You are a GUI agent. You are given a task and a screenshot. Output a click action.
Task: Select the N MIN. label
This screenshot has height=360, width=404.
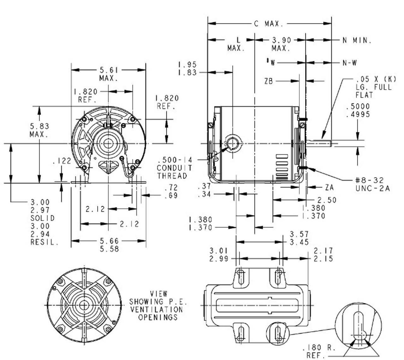pos(357,40)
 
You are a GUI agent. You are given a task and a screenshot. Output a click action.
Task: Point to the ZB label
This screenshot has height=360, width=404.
pos(269,82)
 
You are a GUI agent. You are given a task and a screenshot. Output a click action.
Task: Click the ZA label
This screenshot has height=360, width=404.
pos(329,188)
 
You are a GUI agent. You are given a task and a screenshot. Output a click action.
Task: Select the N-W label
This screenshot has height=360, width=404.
pos(350,63)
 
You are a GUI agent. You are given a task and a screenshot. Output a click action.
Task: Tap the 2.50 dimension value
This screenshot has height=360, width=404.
pos(327,200)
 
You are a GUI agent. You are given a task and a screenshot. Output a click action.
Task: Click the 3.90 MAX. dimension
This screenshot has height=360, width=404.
pos(281,44)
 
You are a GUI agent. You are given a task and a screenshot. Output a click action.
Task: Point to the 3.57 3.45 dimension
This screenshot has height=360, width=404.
pos(299,238)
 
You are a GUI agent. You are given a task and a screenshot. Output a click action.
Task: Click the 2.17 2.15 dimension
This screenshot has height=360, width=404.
pos(323,255)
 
